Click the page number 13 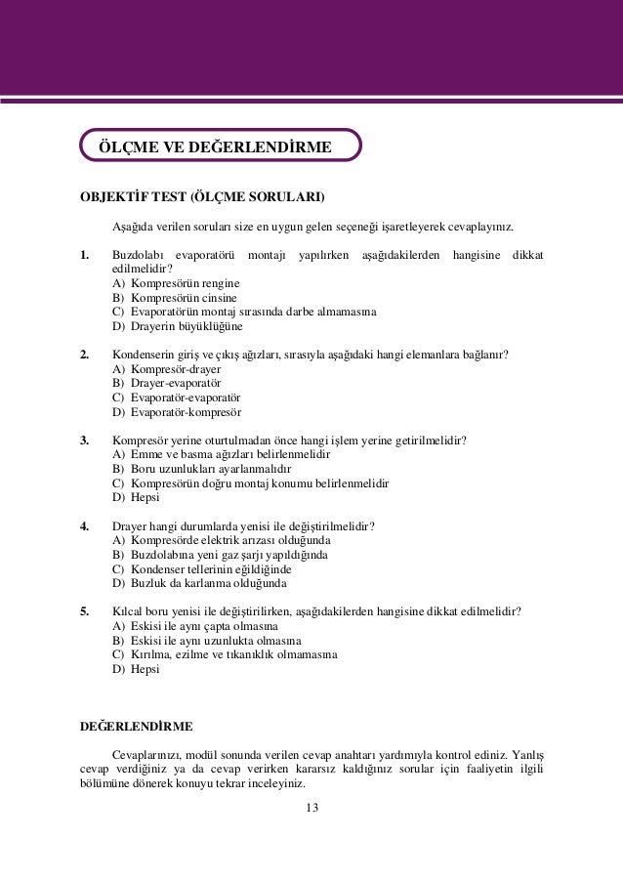click(312, 807)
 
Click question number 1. click(85, 256)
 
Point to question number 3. click(85, 440)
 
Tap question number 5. click(85, 612)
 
